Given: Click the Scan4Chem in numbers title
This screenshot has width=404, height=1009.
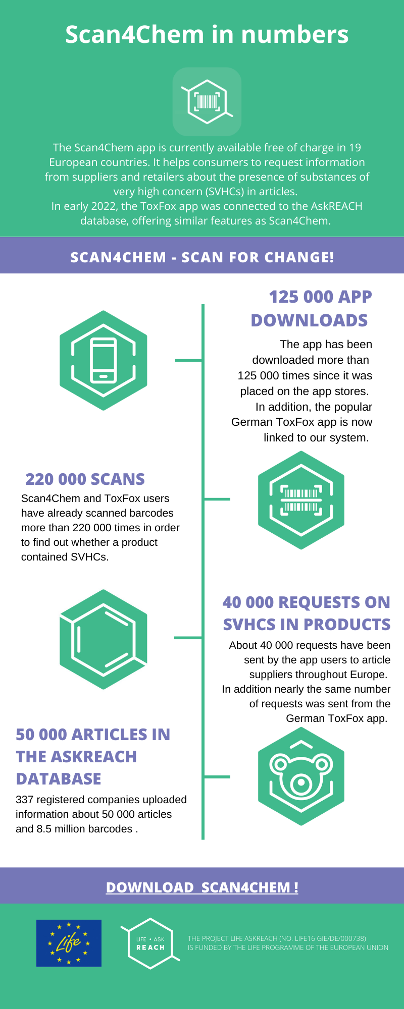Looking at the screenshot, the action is tap(207, 35).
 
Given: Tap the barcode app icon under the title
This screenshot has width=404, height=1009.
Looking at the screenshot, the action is tap(207, 101).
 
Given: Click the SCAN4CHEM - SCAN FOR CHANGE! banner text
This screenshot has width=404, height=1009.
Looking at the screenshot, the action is tap(202, 257).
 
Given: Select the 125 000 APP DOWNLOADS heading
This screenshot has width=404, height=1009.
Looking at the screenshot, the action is tap(311, 308).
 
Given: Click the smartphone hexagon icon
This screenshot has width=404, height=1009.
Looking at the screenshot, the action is tap(104, 360).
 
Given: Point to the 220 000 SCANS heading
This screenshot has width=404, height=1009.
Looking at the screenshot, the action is tap(85, 479).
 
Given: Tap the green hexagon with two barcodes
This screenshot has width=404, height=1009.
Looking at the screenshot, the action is tap(301, 500).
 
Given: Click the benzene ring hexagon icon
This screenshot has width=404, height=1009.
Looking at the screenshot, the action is tap(104, 639).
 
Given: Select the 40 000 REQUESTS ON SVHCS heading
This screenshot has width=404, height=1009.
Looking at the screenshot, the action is tap(307, 613).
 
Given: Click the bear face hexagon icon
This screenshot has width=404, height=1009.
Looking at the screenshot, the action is tap(301, 776).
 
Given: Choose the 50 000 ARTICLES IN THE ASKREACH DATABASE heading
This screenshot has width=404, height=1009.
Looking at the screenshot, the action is tap(93, 756).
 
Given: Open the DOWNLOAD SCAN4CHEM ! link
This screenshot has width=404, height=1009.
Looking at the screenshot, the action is tap(202, 887).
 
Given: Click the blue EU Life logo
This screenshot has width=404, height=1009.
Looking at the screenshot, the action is tap(69, 943).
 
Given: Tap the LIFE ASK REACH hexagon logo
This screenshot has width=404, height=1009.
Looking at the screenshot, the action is tap(150, 943).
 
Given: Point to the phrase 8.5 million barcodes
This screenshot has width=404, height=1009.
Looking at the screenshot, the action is tap(84, 829).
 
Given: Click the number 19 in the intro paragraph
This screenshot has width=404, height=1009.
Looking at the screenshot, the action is tap(355, 148).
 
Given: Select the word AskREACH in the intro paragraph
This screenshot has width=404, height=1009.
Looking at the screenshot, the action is tap(337, 206).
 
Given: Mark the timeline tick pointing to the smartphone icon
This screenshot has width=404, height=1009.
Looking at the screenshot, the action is tap(188, 360).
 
